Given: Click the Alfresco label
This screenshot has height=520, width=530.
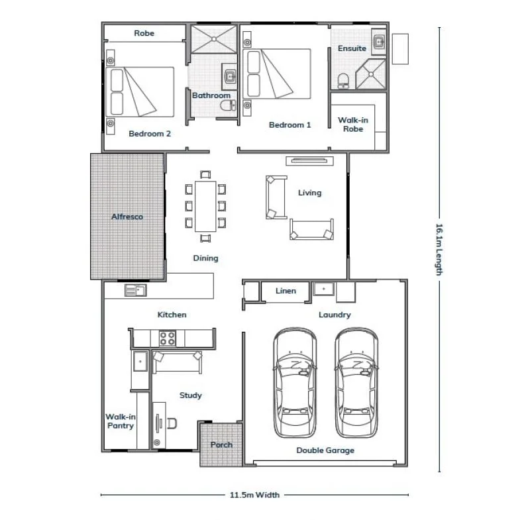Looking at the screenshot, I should [x=127, y=217].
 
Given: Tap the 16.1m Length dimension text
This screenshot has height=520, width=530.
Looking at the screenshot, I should [x=439, y=249].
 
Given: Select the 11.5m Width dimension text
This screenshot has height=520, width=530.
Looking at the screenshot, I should [x=254, y=494].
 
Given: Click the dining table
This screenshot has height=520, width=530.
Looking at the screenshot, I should [x=205, y=206].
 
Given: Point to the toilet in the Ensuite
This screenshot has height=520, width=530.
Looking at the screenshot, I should [x=343, y=81].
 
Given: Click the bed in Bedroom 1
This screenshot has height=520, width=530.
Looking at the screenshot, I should [x=278, y=74].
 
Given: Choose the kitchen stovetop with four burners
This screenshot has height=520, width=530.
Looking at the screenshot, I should [x=168, y=338].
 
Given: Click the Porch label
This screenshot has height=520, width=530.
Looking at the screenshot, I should [x=221, y=444].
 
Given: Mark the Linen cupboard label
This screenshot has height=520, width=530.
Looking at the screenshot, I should [x=285, y=291].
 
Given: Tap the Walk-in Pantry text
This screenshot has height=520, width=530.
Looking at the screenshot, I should [x=120, y=421].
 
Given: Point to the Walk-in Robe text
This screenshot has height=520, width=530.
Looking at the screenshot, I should [x=353, y=125].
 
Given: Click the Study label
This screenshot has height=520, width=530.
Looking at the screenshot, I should [x=191, y=395].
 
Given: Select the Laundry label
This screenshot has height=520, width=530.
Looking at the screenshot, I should [x=335, y=315].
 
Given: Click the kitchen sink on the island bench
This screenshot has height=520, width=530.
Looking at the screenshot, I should [x=135, y=290].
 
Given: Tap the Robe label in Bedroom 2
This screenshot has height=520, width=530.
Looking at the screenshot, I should [x=144, y=33].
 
